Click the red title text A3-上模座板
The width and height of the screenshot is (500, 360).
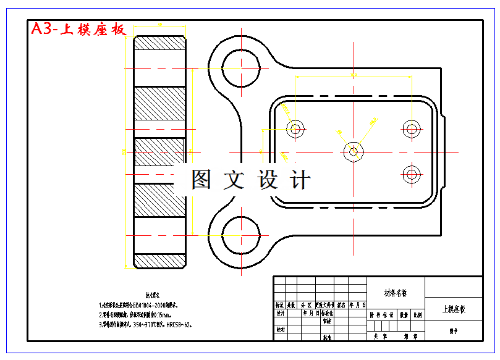click(x=78, y=29)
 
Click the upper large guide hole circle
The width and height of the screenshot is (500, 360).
click(x=240, y=67)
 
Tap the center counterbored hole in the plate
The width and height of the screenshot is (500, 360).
click(x=354, y=151)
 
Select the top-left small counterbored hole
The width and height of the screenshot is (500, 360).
click(x=295, y=129)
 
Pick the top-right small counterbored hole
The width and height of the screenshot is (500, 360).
click(x=412, y=129)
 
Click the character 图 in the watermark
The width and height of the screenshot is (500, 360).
click(x=202, y=180)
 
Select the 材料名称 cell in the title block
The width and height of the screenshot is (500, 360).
click(x=396, y=293)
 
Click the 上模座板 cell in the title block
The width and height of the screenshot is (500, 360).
click(x=454, y=309)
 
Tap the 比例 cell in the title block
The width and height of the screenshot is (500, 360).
click(x=418, y=314)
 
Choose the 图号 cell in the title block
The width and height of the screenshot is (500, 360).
click(x=454, y=331)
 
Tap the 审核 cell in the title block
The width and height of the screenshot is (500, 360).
click(x=326, y=321)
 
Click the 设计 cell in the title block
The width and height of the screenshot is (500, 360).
click(x=281, y=313)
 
